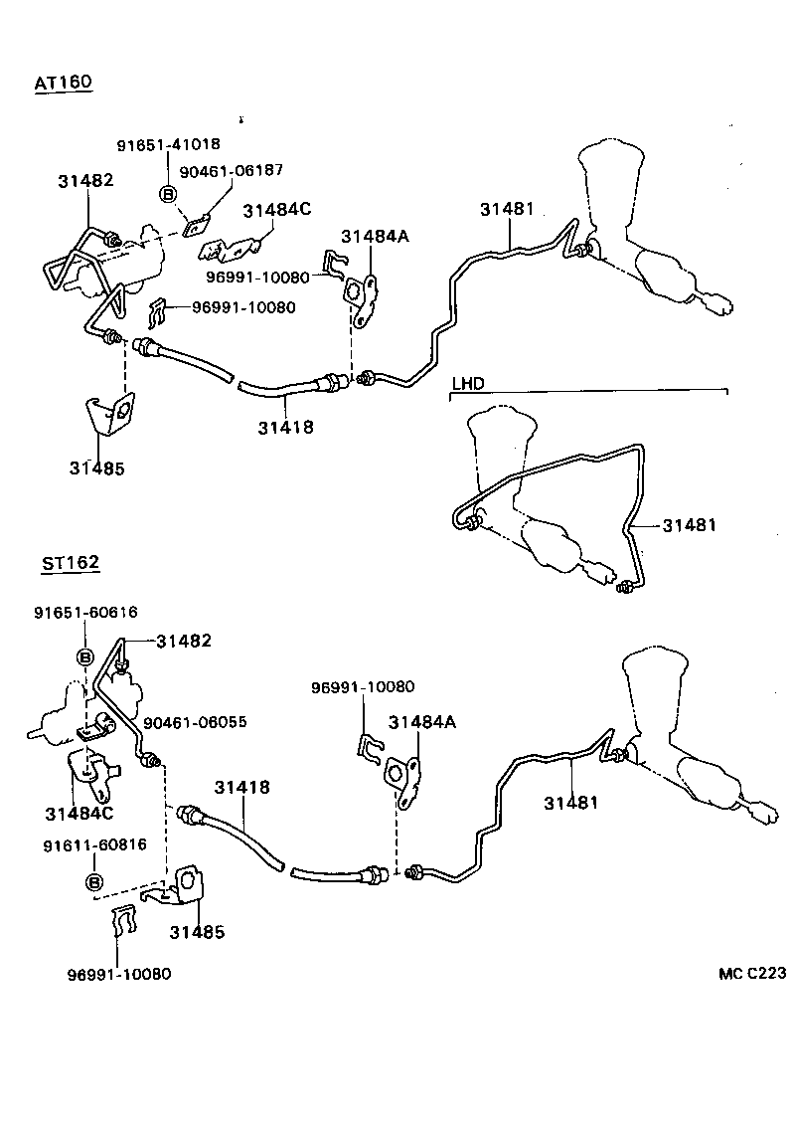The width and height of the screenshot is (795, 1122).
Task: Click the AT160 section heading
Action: coord(63,84)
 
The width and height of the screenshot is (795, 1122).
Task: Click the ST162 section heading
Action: coord(70,563)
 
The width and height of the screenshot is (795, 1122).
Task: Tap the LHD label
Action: coord(468,383)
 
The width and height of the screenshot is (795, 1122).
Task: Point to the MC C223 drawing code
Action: coord(753,974)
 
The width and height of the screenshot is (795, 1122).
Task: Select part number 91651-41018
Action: coord(168,144)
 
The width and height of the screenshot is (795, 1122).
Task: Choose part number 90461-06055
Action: coord(195,722)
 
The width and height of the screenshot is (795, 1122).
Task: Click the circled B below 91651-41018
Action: coord(168,193)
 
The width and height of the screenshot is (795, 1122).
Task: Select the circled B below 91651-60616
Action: coord(85,656)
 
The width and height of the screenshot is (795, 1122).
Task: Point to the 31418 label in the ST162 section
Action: coord(241,787)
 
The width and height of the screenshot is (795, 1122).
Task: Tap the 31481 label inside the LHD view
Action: coord(689,524)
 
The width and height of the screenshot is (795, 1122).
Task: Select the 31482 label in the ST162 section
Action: coord(184,642)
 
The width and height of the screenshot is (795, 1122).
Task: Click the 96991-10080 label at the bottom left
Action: coord(119,974)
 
